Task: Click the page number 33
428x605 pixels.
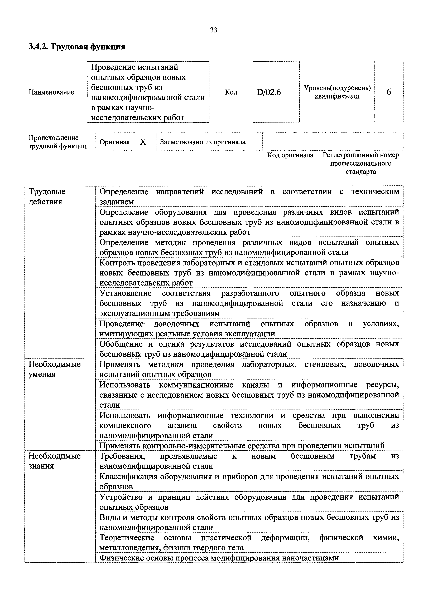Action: click(214, 30)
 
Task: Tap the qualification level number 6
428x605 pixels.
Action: click(389, 92)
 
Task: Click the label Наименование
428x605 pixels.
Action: click(51, 92)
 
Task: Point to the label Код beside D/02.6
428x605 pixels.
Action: click(231, 92)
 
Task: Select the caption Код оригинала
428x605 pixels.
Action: click(290, 155)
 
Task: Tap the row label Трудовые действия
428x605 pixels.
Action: click(47, 196)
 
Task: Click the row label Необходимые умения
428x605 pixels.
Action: click(55, 369)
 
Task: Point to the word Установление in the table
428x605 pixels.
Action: click(125, 293)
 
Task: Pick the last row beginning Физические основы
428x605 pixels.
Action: click(219, 558)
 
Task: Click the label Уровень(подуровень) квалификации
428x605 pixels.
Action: click(337, 92)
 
